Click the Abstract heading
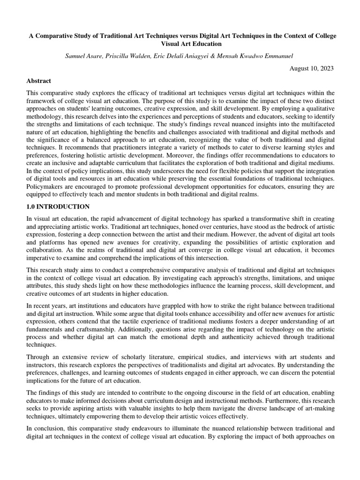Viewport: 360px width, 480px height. click(39, 81)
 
